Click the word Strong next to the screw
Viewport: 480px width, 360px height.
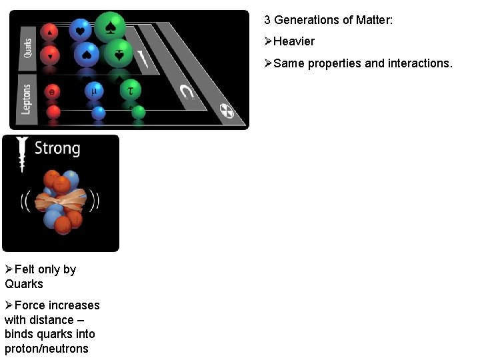pos(57,148)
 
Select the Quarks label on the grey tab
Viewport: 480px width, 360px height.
pos(28,45)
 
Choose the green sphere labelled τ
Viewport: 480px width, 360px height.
pos(131,89)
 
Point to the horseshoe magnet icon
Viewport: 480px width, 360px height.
pos(186,94)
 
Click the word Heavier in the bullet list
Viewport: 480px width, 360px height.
pos(294,41)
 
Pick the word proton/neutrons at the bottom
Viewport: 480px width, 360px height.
pos(46,349)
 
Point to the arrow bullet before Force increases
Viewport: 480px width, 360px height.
pos(9,305)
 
